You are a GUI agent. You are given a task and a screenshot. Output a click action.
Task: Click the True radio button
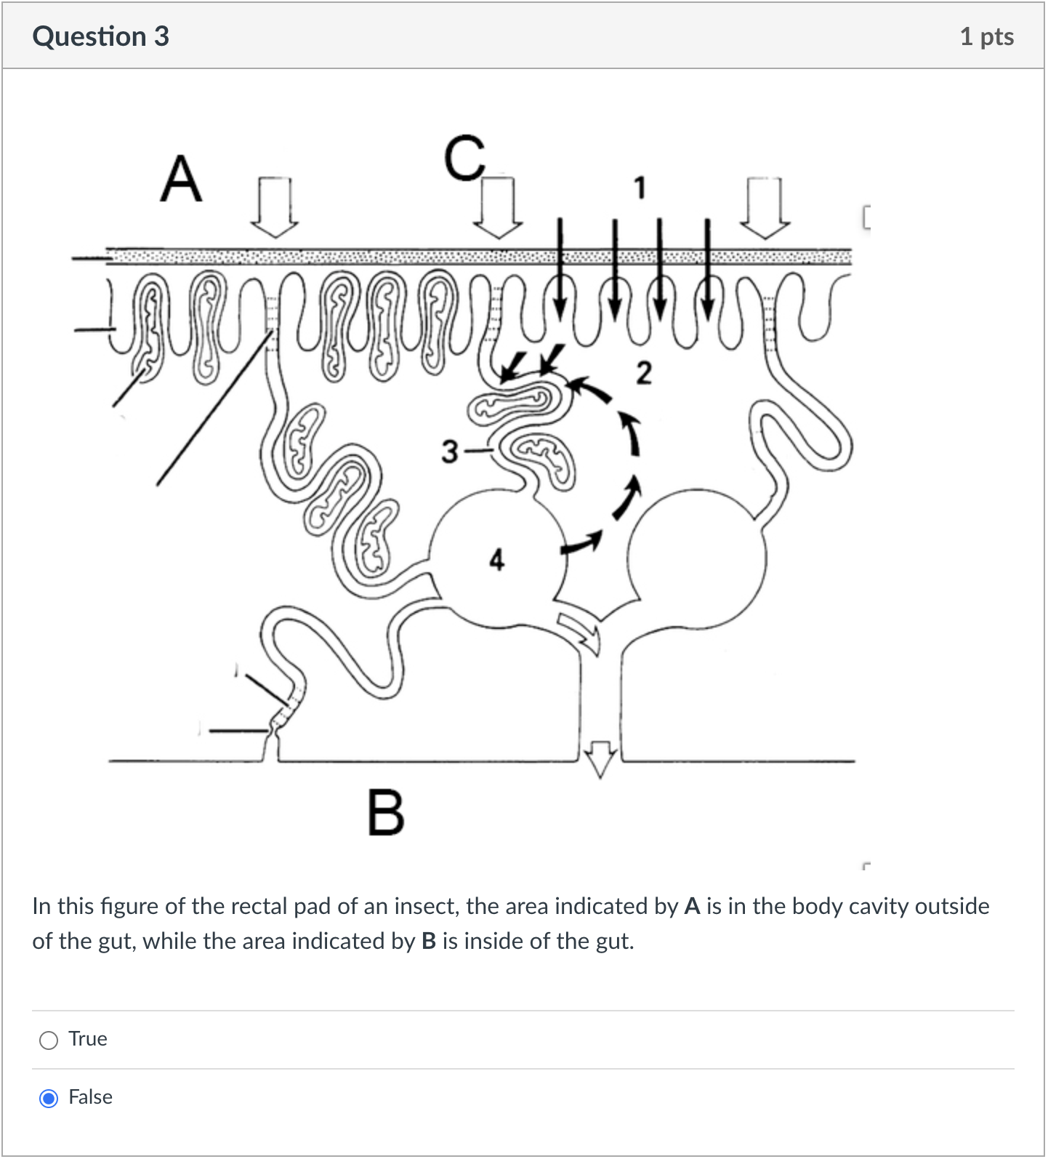click(x=49, y=1040)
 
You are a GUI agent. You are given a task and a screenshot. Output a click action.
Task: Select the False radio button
click(x=49, y=1098)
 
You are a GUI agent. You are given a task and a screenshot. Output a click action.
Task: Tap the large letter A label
click(x=180, y=180)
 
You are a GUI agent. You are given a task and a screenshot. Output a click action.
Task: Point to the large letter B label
click(x=385, y=812)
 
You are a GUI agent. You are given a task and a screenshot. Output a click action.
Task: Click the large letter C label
click(x=465, y=158)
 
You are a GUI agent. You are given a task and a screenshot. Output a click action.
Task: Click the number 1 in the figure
click(x=639, y=188)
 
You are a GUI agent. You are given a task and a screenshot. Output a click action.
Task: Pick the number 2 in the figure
click(x=643, y=373)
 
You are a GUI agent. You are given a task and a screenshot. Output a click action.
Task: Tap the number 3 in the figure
click(x=450, y=452)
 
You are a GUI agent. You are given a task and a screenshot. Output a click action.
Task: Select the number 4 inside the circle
click(x=496, y=560)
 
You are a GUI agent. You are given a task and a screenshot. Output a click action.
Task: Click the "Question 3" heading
click(x=100, y=36)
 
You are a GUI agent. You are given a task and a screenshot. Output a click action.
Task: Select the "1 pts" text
click(x=986, y=36)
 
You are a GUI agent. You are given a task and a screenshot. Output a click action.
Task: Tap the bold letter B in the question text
click(x=428, y=942)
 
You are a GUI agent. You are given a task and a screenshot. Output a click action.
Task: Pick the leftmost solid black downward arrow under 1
click(x=559, y=269)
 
